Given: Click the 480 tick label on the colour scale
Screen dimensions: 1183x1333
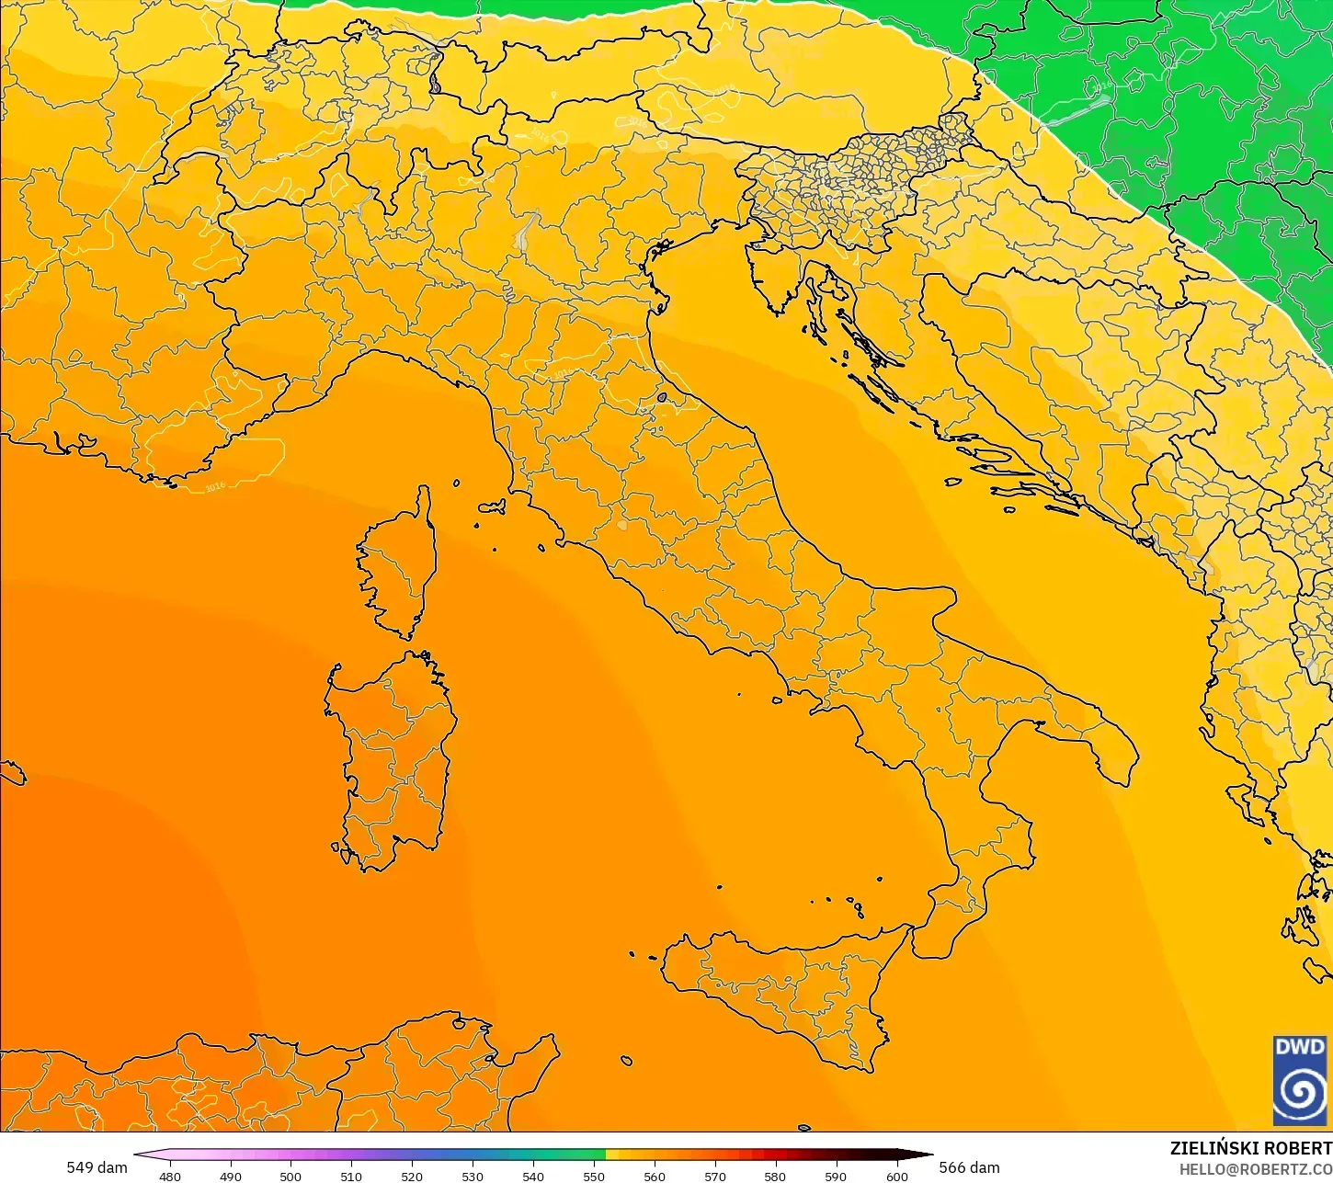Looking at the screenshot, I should click(170, 1176).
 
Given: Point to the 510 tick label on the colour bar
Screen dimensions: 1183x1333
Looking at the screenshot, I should click(351, 1176).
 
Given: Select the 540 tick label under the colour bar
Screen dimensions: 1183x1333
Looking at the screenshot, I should click(533, 1176).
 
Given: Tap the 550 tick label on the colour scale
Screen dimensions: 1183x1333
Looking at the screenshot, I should click(594, 1176).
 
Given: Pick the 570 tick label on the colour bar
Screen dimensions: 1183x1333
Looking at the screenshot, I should click(714, 1176).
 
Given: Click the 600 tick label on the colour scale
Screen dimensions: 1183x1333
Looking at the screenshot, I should click(896, 1176).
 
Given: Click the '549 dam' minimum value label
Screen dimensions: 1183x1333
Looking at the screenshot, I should click(97, 1167).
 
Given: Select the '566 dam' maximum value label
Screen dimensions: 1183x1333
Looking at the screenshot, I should click(969, 1167).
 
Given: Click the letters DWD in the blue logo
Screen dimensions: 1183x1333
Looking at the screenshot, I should click(1300, 1048).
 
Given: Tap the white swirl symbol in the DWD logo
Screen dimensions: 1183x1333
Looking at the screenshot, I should click(1300, 1092).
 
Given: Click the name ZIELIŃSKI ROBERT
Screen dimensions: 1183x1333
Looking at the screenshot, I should click(1250, 1148).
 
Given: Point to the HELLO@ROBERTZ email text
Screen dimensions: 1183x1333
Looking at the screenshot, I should click(1256, 1169).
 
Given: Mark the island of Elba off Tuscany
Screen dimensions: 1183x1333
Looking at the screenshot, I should click(492, 506).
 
